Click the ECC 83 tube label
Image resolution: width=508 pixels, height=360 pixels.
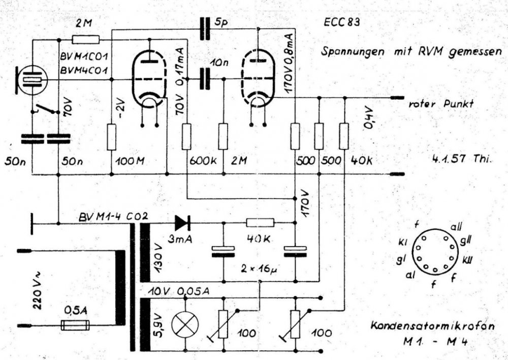tap(341, 23)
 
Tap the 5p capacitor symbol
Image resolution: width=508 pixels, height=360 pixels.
tap(205, 28)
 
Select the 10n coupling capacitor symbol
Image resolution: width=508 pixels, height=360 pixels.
tap(205, 78)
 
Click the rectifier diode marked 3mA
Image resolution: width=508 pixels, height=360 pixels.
tap(181, 222)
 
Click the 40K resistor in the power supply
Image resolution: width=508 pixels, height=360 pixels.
tap(260, 222)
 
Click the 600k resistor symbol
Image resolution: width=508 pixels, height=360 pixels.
tap(187, 137)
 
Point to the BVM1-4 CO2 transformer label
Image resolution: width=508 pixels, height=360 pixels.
tap(113, 216)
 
